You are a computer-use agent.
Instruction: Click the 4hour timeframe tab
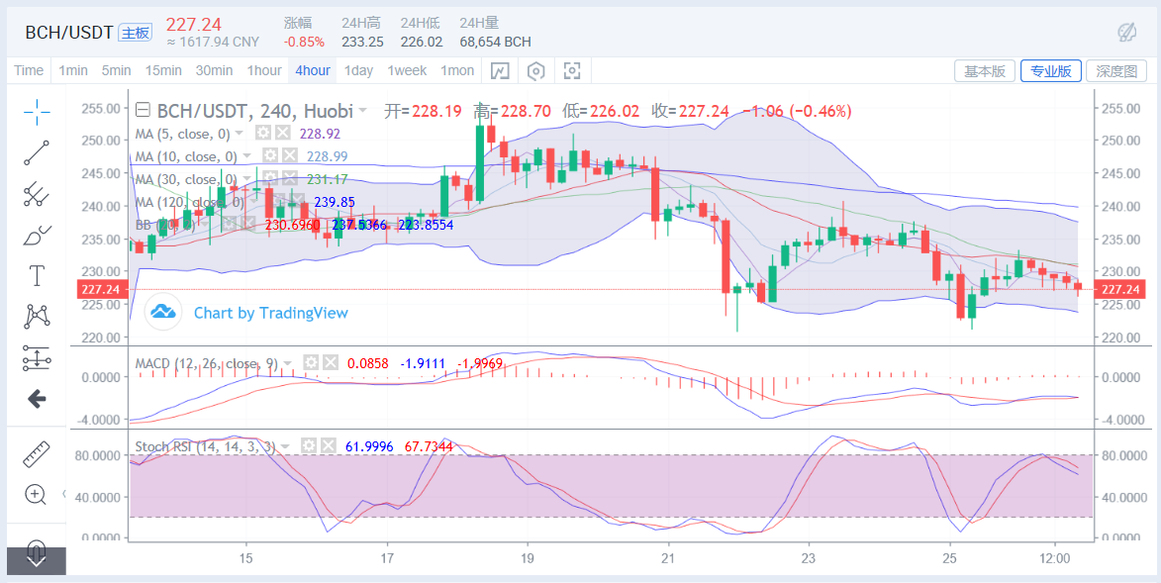[312, 70]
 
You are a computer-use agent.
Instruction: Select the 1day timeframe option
[358, 70]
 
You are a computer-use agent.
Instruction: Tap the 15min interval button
[163, 70]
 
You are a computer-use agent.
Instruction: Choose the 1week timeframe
[407, 70]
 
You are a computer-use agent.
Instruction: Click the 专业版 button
[1050, 71]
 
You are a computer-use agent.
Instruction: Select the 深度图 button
[1116, 71]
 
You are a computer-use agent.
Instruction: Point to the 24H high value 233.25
[362, 42]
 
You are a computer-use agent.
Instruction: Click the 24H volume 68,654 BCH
[495, 42]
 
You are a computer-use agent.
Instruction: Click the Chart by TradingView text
[270, 313]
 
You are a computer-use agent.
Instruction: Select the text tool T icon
[38, 274]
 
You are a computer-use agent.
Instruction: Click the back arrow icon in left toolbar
[37, 399]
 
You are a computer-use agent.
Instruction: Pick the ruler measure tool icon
[37, 454]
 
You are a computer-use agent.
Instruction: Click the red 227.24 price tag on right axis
[1120, 289]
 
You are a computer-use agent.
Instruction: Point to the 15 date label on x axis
[246, 557]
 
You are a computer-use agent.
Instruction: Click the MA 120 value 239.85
[335, 202]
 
